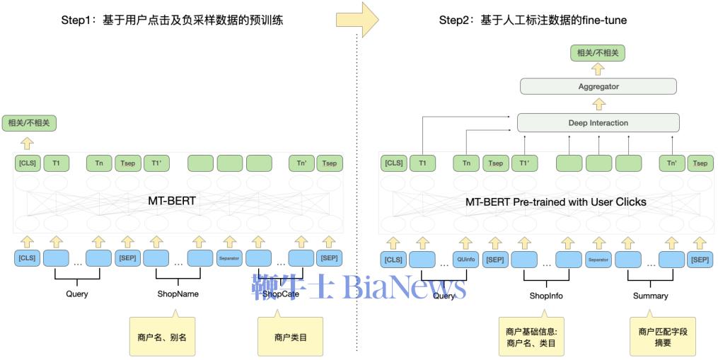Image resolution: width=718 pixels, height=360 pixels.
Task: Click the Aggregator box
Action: tap(598, 86)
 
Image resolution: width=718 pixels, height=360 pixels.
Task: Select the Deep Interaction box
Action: tap(598, 122)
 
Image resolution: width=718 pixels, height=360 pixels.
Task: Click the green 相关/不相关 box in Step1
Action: tap(28, 123)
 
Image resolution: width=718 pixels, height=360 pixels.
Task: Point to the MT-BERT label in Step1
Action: tap(172, 202)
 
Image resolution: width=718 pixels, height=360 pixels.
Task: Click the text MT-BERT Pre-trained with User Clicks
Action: tap(555, 202)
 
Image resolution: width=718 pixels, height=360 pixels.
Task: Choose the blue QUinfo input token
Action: tap(465, 259)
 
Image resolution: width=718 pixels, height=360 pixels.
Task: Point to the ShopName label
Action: tap(178, 294)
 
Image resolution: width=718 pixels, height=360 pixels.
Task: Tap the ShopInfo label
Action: tap(545, 296)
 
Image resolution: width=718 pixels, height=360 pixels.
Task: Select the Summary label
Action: tap(650, 296)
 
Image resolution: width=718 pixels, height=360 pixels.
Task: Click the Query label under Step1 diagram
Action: tap(77, 294)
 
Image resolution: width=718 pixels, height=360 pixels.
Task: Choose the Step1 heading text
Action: tap(172, 21)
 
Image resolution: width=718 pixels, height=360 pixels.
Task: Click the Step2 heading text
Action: tap(533, 21)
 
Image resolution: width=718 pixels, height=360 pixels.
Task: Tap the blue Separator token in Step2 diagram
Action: tap(599, 259)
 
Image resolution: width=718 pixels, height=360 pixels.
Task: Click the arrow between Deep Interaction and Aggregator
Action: tap(598, 104)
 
